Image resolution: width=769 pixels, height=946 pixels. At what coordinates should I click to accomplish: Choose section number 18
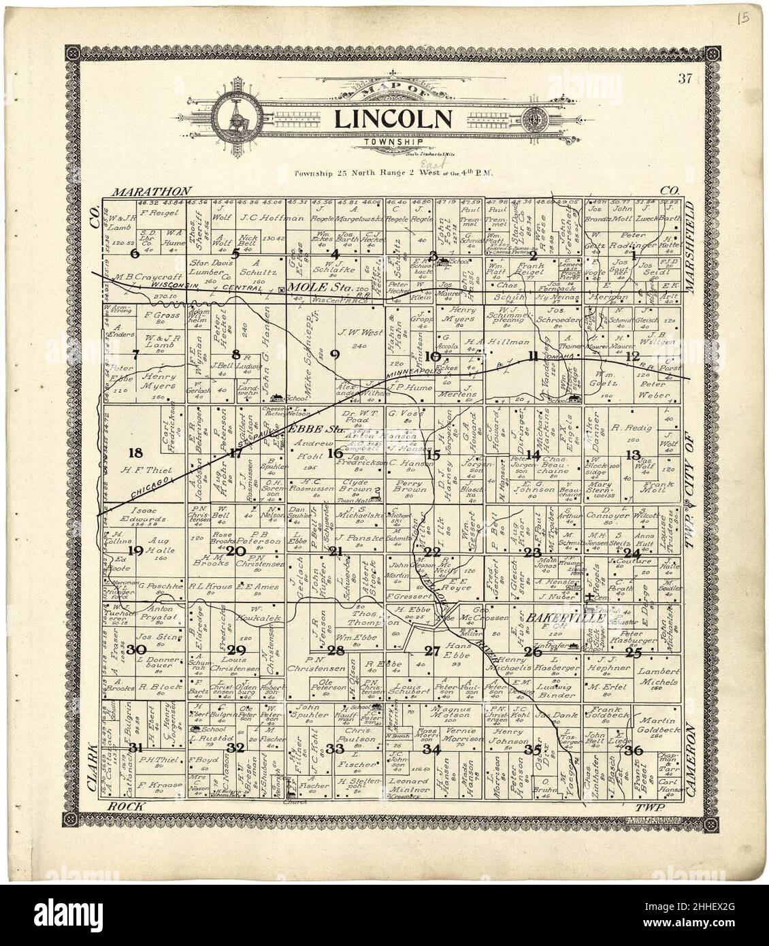coord(135,453)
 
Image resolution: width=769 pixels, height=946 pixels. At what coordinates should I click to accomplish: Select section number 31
coord(136,747)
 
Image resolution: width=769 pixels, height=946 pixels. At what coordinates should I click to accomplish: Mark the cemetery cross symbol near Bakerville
coord(589,598)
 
